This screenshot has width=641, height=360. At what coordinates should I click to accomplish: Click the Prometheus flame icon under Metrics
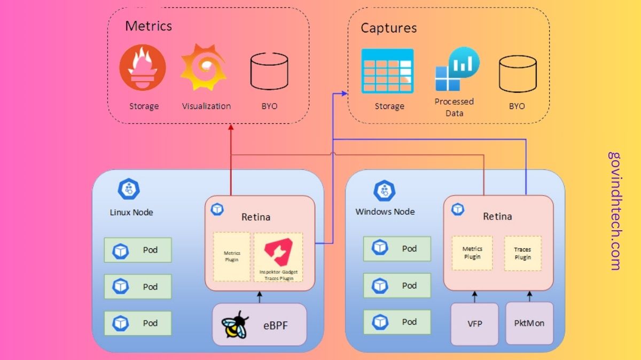[142, 68]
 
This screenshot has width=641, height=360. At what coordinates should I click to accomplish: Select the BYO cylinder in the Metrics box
[269, 72]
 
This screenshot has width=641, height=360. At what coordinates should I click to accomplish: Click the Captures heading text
[388, 28]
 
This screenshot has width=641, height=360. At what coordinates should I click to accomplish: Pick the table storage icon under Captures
[387, 71]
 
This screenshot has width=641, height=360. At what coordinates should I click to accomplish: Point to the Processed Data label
[454, 107]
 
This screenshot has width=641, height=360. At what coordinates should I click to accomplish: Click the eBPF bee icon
[236, 324]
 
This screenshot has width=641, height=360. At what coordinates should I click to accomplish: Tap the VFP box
[474, 324]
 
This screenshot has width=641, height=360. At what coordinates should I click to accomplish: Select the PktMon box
[529, 324]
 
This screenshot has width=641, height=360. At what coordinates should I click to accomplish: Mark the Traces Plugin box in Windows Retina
[522, 253]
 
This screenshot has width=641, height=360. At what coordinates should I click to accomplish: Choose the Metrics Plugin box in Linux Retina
[232, 256]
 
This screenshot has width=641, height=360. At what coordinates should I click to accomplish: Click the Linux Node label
[131, 212]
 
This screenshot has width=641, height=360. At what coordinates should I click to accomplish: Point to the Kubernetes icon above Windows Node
[384, 191]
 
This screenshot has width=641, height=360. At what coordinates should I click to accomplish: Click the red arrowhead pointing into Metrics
[231, 127]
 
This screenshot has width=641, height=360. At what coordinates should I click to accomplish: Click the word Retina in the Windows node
[497, 216]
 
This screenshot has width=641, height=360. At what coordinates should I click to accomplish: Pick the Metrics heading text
[148, 26]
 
